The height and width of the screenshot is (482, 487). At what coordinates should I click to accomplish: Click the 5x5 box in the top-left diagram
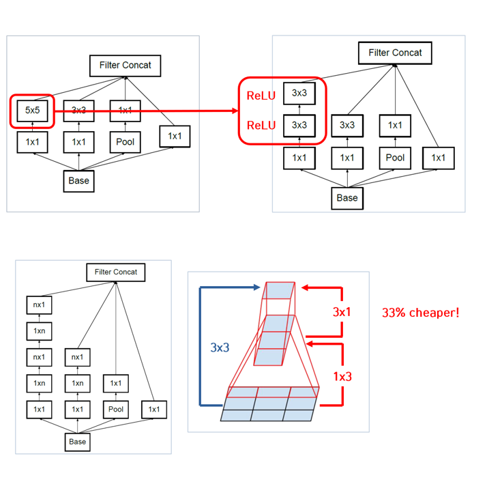pos(31,110)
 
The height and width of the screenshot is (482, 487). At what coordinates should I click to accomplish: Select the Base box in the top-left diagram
pos(78,181)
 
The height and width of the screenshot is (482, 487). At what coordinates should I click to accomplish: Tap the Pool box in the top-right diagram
pos(395,158)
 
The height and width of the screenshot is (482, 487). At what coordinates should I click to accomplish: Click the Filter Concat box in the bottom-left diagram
pos(116,272)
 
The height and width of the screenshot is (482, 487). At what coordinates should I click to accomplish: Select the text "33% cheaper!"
pos(420,313)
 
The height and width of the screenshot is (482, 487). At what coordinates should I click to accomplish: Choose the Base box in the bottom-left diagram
pos(78,442)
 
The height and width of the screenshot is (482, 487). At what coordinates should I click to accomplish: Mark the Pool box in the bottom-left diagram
pos(116,409)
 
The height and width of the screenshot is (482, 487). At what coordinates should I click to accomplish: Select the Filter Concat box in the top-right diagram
pos(395,53)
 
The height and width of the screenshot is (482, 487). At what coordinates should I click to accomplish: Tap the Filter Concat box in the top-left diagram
pos(125,66)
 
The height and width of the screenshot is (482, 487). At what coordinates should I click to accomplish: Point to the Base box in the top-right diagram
pos(347,198)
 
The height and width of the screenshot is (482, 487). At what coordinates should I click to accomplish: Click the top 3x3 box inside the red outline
pos(299,93)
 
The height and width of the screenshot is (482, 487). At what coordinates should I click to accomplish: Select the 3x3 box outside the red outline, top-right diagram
pos(347,125)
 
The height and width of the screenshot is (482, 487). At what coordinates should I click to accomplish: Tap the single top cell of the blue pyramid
pos(279,292)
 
